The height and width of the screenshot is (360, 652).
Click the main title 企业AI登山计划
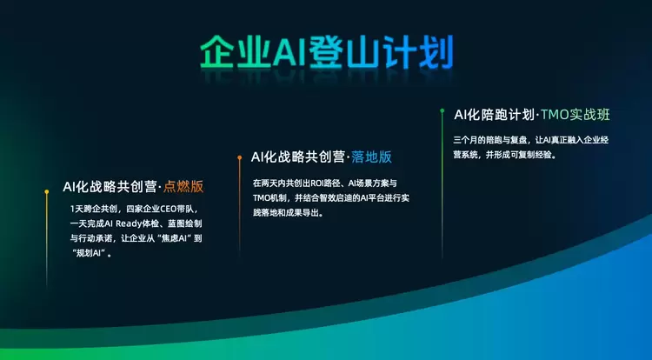[326, 52]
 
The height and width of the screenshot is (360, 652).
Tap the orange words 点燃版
[183, 186]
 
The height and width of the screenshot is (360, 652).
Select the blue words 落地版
[371, 157]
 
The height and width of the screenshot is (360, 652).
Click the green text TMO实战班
[575, 115]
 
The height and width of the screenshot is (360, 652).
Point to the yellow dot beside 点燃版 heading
[47, 191]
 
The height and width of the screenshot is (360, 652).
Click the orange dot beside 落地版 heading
[240, 157]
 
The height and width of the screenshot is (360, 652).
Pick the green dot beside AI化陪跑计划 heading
[442, 110]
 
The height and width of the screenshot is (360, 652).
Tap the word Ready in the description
[129, 223]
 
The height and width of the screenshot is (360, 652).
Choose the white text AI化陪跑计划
[494, 115]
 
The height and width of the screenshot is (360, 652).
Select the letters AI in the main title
[289, 53]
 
